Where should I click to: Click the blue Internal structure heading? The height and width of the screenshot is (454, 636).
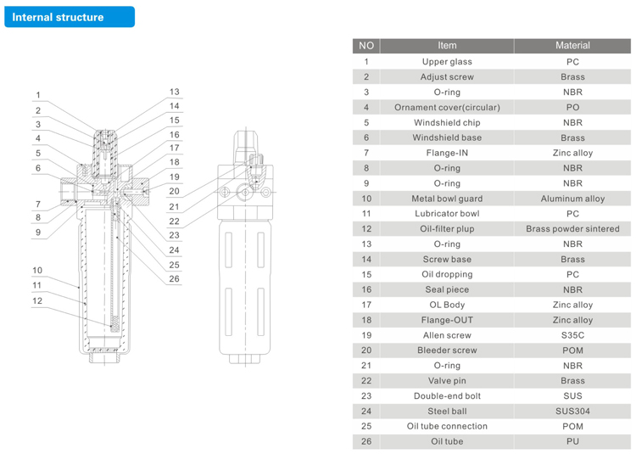pos(70,17)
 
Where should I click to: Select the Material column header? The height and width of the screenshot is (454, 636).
pos(572,46)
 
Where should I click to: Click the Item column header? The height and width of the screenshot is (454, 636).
pos(447,46)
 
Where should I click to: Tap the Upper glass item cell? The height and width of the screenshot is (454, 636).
pos(447,62)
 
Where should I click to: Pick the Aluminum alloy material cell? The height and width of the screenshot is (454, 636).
pos(572,199)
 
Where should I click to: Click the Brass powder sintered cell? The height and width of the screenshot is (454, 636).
pos(572,229)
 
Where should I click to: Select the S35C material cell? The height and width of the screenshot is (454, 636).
pos(572,335)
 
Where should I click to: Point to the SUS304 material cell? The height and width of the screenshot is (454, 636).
pos(572,411)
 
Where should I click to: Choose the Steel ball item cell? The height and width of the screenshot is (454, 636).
pos(447,411)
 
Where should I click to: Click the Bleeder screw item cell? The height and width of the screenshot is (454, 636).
pos(447,350)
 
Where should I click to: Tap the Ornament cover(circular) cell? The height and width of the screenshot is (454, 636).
pos(447,108)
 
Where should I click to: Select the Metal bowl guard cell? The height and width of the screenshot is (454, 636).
pos(447,199)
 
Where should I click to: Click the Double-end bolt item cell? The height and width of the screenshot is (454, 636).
pos(447,396)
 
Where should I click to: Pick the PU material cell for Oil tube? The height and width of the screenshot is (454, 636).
pos(572,441)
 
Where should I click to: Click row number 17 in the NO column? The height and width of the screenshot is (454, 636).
pos(366,305)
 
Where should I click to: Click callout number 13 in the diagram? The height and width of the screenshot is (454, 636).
pos(175,92)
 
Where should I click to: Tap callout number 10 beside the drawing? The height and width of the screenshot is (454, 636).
pos(37,270)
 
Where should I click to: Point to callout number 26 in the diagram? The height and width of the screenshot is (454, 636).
pos(174,278)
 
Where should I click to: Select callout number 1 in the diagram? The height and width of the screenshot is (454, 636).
pos(38,95)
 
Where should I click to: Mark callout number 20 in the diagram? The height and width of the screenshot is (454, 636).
pos(174,191)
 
